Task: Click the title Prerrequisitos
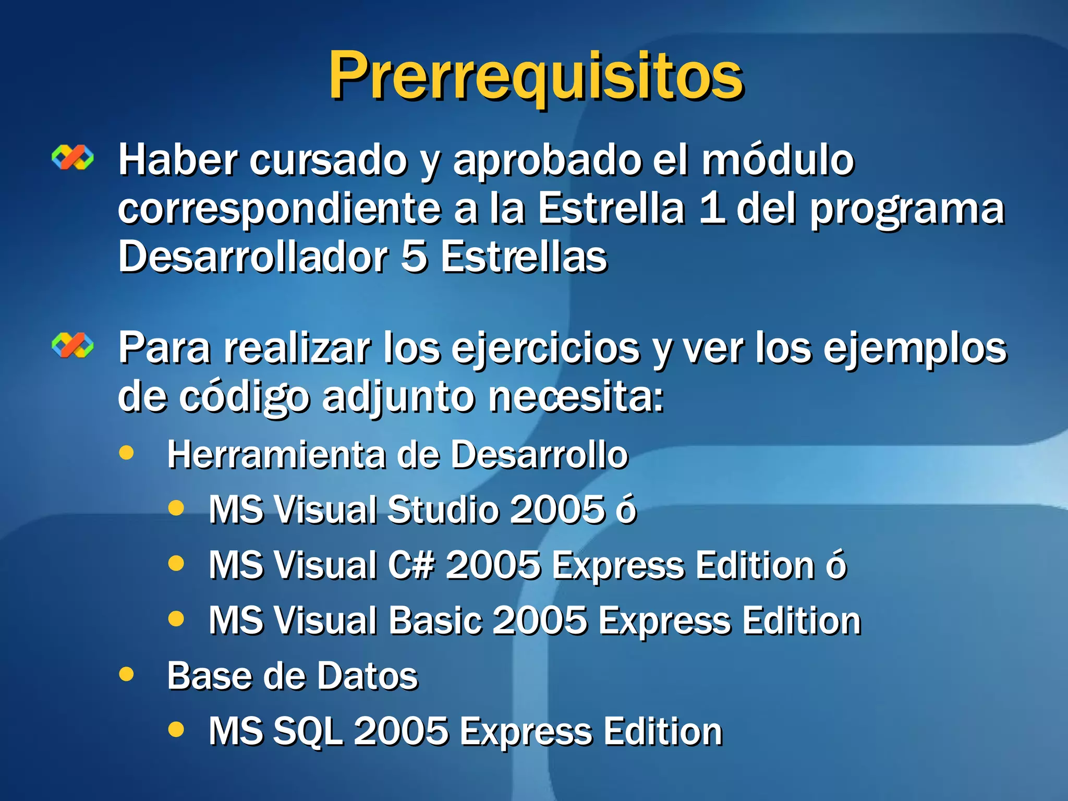pyautogui.click(x=536, y=77)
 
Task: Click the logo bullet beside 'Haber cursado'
pyautogui.click(x=72, y=157)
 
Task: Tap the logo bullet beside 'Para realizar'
pyautogui.click(x=72, y=346)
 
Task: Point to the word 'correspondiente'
pyautogui.click(x=279, y=210)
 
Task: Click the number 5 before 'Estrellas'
pyautogui.click(x=415, y=257)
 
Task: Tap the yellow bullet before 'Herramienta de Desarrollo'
pyautogui.click(x=126, y=453)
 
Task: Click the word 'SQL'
pyautogui.click(x=308, y=731)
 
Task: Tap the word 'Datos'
pyautogui.click(x=368, y=676)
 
